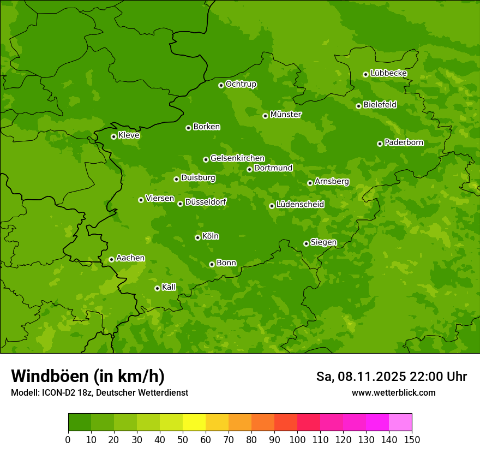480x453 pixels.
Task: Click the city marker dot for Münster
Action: point(265,116)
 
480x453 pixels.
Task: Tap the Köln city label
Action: point(211,236)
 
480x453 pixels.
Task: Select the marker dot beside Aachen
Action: point(111,259)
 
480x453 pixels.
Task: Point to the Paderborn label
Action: point(404,142)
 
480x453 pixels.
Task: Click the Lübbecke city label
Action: point(388,73)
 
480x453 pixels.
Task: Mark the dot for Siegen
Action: point(306,243)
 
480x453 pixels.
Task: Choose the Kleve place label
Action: point(129,135)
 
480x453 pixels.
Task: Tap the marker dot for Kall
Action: point(157,288)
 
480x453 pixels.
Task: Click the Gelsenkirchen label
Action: point(237,158)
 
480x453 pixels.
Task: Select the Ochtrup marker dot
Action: point(221,85)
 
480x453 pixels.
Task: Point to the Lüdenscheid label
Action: point(300,205)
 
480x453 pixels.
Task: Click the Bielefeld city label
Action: point(380,105)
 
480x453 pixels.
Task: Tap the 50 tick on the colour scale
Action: point(183,440)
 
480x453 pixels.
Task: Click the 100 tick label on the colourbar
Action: point(297,440)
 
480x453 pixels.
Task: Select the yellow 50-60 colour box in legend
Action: point(194,422)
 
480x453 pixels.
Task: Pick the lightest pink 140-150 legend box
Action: point(400,422)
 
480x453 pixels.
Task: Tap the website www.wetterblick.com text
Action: point(393,393)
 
